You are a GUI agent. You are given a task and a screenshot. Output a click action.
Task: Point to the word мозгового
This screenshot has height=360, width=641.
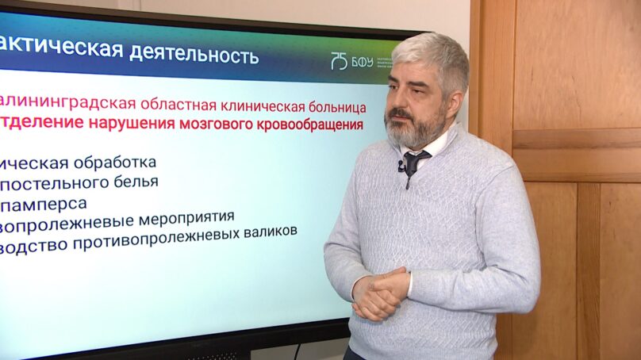click(205, 125)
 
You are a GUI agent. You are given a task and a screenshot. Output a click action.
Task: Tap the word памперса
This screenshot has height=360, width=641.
click(48, 203)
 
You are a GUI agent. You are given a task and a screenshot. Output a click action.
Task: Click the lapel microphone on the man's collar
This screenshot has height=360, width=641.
click(401, 166)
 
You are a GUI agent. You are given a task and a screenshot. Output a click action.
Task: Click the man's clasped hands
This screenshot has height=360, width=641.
click(379, 293)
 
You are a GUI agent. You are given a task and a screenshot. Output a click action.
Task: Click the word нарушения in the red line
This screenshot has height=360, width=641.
click(124, 124)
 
